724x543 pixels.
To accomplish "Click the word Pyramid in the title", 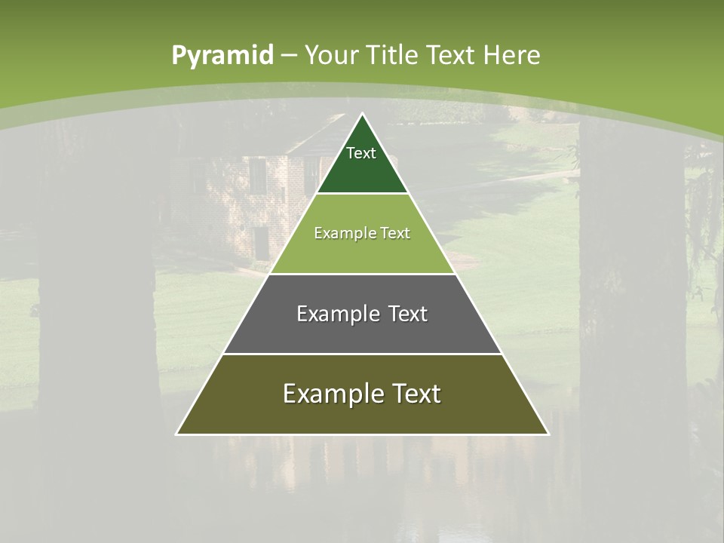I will [x=222, y=55].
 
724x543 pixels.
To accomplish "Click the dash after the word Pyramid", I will [x=289, y=56].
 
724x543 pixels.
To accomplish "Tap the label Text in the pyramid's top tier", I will [x=361, y=153].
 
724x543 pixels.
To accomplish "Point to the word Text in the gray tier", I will [x=403, y=314].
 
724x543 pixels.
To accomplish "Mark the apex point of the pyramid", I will [x=363, y=114].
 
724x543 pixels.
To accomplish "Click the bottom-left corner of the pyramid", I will [x=176, y=434].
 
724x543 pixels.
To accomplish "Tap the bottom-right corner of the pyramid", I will [x=548, y=434].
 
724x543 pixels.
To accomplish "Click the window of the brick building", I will [x=257, y=176].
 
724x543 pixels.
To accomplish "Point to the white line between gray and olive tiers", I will [x=362, y=354].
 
